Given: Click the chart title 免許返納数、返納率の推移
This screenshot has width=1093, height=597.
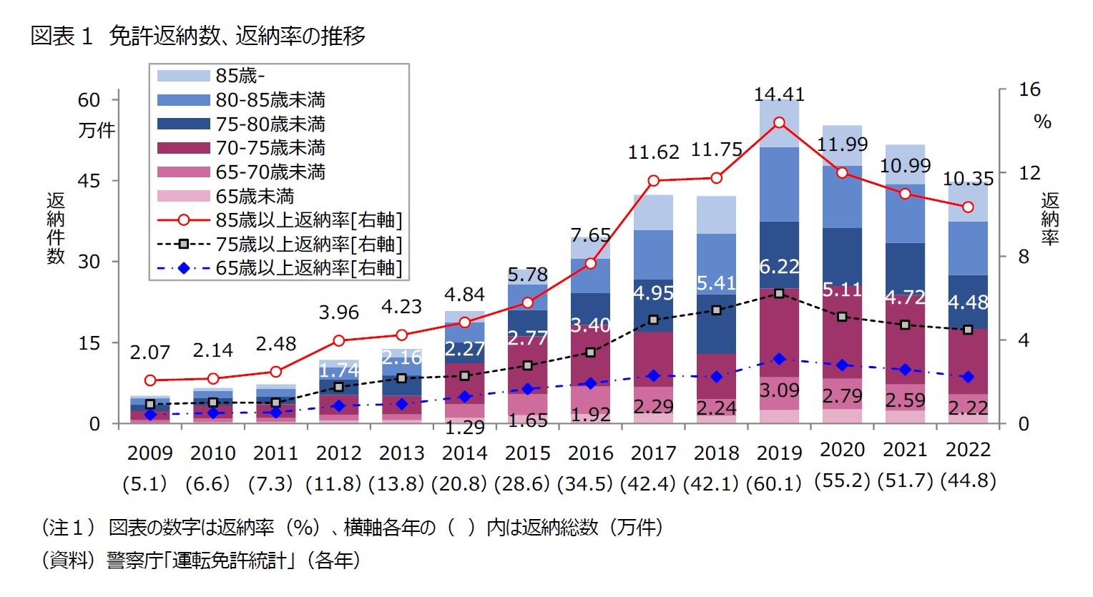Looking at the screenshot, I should pyautogui.click(x=236, y=36).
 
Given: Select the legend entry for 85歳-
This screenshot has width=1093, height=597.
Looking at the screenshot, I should pyautogui.click(x=240, y=76).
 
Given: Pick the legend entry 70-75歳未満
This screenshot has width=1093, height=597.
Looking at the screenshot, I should pyautogui.click(x=270, y=148).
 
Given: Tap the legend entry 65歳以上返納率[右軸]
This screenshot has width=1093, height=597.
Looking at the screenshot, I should pyautogui.click(x=308, y=268).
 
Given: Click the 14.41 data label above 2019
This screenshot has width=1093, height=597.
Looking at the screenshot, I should pyautogui.click(x=779, y=94).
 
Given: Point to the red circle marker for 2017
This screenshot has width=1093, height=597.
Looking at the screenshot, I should pyautogui.click(x=654, y=181).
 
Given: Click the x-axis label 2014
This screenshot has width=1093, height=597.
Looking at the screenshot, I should pyautogui.click(x=464, y=453).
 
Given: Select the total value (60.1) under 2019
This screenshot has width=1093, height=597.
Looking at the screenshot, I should pyautogui.click(x=779, y=484).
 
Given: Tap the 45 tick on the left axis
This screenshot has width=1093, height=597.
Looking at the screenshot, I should pyautogui.click(x=89, y=181).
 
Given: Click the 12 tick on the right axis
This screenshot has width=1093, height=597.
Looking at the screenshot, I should pyautogui.click(x=1029, y=173).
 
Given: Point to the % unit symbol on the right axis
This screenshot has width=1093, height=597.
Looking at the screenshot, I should pyautogui.click(x=1042, y=122).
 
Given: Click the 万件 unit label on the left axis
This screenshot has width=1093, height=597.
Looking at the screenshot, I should pyautogui.click(x=96, y=131).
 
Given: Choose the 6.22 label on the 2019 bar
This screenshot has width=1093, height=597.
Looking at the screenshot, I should pyautogui.click(x=779, y=267).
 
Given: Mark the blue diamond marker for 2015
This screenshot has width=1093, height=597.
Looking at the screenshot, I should pyautogui.click(x=528, y=390).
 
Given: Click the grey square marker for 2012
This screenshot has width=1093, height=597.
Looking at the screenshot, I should pyautogui.click(x=339, y=387).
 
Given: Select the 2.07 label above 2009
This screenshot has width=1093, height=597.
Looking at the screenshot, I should pyautogui.click(x=150, y=352).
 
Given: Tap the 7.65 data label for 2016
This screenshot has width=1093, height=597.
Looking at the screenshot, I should pyautogui.click(x=590, y=235).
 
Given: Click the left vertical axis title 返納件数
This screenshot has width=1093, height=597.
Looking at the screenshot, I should pyautogui.click(x=56, y=228).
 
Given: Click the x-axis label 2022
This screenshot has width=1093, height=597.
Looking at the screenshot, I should pyautogui.click(x=968, y=450).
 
